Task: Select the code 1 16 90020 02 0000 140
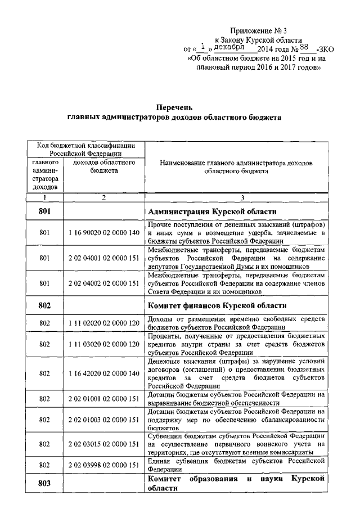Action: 103,232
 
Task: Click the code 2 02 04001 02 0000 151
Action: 103,258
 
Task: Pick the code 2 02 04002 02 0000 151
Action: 103,284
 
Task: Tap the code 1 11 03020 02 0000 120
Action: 103,344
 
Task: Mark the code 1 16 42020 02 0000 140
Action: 103,373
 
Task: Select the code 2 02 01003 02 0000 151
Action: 103,420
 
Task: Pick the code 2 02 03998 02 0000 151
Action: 103,466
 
